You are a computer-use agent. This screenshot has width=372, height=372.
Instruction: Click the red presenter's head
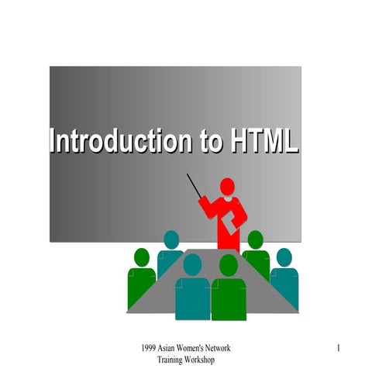point(226,187)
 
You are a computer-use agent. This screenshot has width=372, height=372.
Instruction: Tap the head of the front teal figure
point(191,265)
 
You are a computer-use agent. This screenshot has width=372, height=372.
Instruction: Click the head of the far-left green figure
point(142,257)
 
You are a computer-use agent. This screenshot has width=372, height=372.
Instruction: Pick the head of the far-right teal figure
point(284,257)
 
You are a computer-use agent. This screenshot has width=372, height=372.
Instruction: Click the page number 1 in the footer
point(339,350)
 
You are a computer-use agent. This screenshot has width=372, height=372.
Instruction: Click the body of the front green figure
point(229,298)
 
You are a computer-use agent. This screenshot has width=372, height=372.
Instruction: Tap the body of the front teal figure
point(192,298)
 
